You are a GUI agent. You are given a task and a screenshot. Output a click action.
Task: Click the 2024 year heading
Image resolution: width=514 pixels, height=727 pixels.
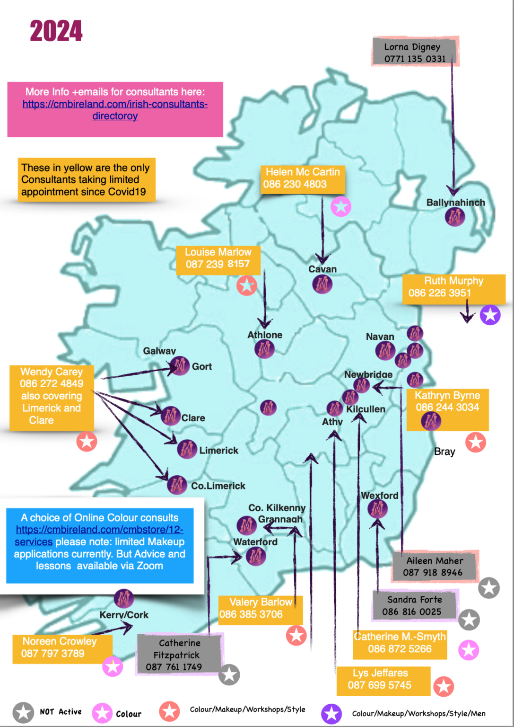tap(56, 32)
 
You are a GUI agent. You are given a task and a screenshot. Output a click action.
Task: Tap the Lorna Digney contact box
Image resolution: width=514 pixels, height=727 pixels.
tap(415, 52)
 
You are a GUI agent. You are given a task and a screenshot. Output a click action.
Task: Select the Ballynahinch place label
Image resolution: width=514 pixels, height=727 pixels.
tap(455, 203)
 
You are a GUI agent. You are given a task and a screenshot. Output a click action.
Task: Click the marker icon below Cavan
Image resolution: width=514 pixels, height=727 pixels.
tap(322, 284)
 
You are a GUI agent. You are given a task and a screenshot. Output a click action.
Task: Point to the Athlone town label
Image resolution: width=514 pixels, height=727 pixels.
tap(265, 335)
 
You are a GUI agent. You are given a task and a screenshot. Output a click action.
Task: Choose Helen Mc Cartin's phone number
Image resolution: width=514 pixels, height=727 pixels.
tap(295, 184)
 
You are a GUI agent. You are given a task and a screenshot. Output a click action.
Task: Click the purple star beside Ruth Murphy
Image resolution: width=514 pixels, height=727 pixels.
tap(490, 315)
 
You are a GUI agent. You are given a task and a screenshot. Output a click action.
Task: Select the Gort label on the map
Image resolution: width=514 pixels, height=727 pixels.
tap(202, 366)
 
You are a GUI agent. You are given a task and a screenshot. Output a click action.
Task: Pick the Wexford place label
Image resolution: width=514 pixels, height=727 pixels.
tap(380, 496)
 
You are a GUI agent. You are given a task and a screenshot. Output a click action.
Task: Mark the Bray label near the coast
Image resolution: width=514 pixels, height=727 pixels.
tap(444, 452)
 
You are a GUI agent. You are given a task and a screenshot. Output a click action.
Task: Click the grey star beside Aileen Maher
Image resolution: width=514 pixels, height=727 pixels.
tap(489, 588)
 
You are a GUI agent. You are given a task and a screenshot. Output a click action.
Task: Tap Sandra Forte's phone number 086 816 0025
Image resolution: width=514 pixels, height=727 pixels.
tap(412, 612)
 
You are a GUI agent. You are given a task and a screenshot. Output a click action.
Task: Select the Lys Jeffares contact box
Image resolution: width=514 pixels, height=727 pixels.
tap(383, 679)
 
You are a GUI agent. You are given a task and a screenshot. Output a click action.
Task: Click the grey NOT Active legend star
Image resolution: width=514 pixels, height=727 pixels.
tap(23, 712)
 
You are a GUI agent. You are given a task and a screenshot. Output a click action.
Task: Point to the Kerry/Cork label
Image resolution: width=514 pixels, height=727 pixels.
tap(124, 615)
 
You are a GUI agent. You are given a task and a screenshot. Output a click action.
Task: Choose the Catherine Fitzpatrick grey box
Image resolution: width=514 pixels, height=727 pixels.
tap(179, 655)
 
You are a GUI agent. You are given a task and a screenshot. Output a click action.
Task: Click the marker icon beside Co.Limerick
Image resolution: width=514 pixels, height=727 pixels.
tap(177, 485)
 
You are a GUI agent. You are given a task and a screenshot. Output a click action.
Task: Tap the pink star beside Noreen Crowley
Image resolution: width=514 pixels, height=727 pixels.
tap(113, 666)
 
